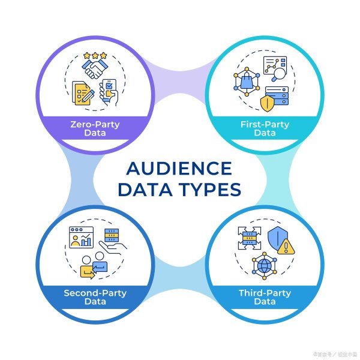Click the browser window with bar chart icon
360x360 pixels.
click(x=82, y=237)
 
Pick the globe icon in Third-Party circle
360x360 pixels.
click(x=263, y=264)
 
